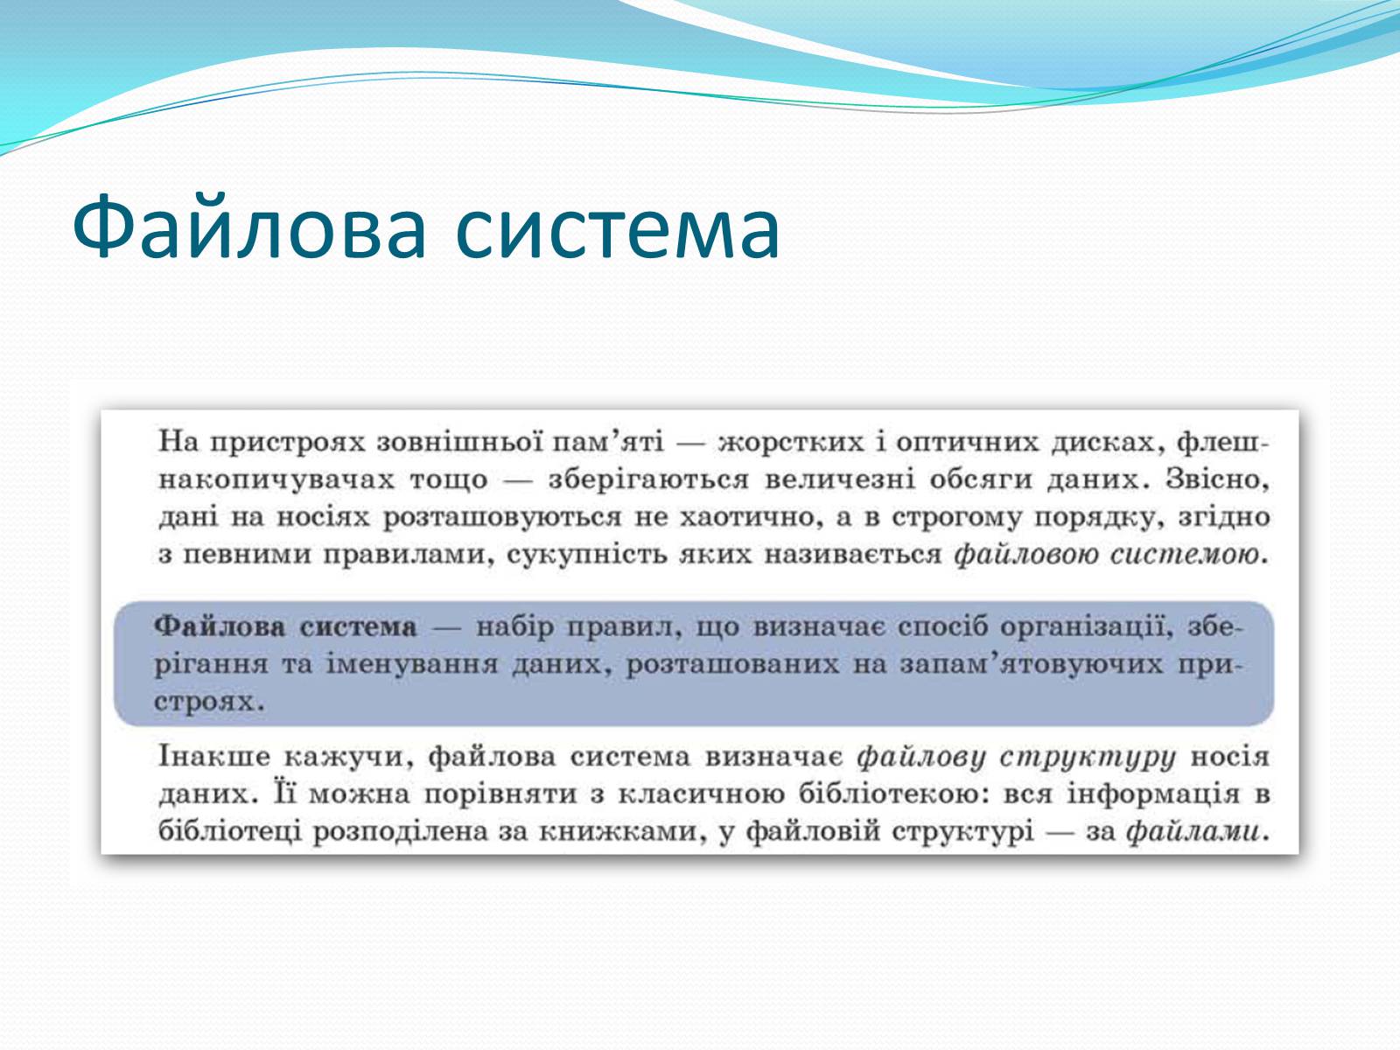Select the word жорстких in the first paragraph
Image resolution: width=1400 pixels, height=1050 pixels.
point(791,442)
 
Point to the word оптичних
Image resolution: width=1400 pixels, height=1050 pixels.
point(968,441)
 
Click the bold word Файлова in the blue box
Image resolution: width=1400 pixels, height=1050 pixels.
point(220,626)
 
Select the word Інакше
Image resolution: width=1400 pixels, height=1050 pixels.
point(214,757)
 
